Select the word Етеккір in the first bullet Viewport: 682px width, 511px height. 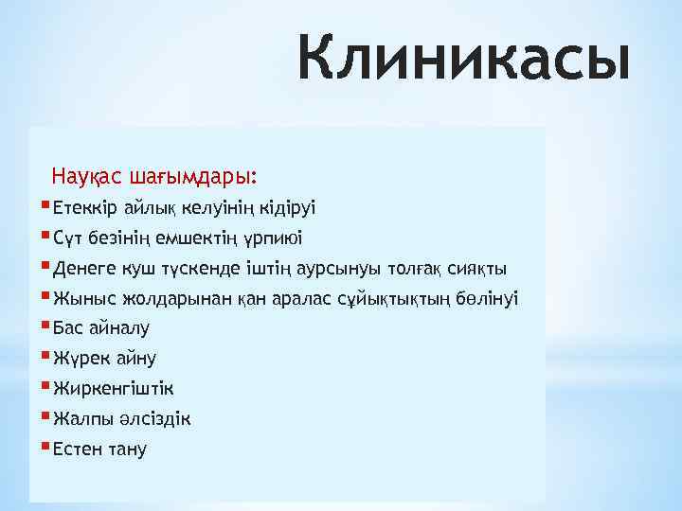click(86, 207)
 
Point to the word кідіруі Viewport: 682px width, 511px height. click(286, 207)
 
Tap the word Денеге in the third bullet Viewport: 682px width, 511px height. click(83, 268)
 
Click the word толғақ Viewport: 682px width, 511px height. click(421, 268)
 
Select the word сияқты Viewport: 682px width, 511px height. click(478, 268)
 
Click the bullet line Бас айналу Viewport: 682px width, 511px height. click(101, 328)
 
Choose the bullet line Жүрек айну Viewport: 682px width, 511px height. click(105, 359)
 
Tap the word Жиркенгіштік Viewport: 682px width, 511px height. click(114, 389)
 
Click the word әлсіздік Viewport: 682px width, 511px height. click(153, 419)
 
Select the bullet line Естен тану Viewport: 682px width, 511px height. click(100, 449)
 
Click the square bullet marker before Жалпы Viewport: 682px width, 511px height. click(46, 416)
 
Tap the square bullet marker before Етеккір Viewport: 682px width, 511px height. click(46, 204)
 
